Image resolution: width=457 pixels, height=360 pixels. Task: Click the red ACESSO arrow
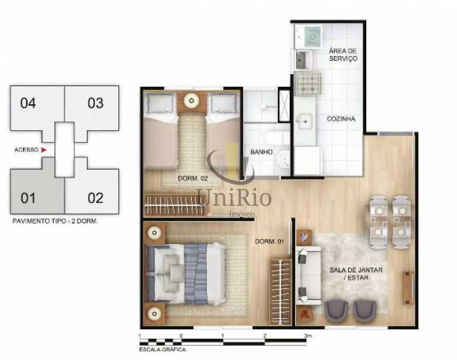pos(43,150)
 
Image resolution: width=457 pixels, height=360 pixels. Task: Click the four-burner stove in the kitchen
pos(308,83)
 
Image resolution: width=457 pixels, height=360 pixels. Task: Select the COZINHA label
pos(341,119)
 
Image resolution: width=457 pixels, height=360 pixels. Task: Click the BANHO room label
pos(262,152)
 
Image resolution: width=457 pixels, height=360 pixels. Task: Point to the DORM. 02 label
pos(193,178)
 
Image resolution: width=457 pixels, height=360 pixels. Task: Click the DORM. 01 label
pos(269,241)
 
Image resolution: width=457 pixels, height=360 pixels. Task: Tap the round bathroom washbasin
pos(283,159)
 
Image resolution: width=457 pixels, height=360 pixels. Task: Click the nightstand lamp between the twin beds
pos(191,101)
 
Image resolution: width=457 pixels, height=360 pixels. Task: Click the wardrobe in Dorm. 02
pos(175,205)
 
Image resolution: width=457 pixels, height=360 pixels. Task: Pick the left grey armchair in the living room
pos(336,311)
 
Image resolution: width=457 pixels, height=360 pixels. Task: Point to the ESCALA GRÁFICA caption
pos(162,350)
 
